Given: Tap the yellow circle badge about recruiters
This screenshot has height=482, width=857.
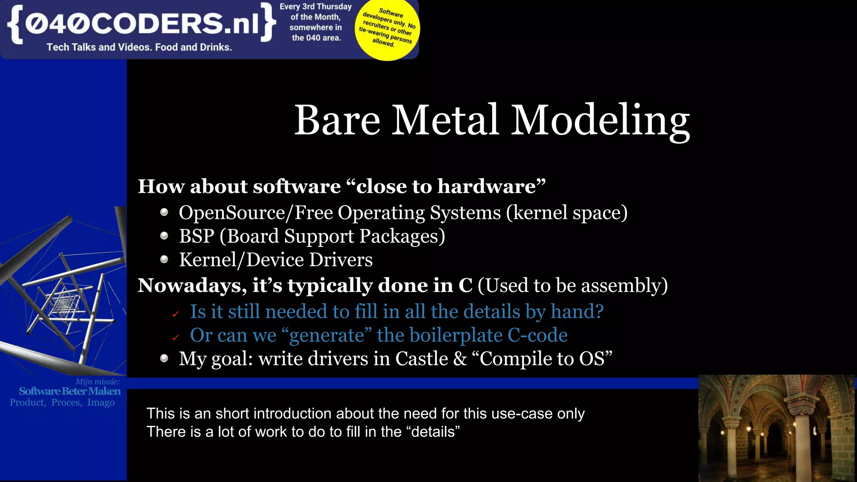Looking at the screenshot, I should (387, 28).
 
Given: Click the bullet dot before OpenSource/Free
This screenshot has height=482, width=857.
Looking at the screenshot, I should (164, 213).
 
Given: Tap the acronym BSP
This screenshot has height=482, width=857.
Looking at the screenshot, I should (196, 236).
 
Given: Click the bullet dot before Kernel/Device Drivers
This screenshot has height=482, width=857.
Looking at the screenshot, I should (164, 260).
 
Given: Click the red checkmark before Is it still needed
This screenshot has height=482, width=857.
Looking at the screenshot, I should (176, 314).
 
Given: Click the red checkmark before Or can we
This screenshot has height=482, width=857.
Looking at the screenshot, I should (176, 337).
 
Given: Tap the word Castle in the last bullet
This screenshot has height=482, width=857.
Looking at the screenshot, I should (421, 359).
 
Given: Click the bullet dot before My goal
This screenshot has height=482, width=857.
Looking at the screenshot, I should (164, 359).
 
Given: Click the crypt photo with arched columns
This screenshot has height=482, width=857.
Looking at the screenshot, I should (777, 428).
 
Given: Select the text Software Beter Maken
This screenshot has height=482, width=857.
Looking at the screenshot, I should (69, 391).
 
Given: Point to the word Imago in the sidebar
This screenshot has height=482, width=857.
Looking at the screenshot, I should (101, 403).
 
